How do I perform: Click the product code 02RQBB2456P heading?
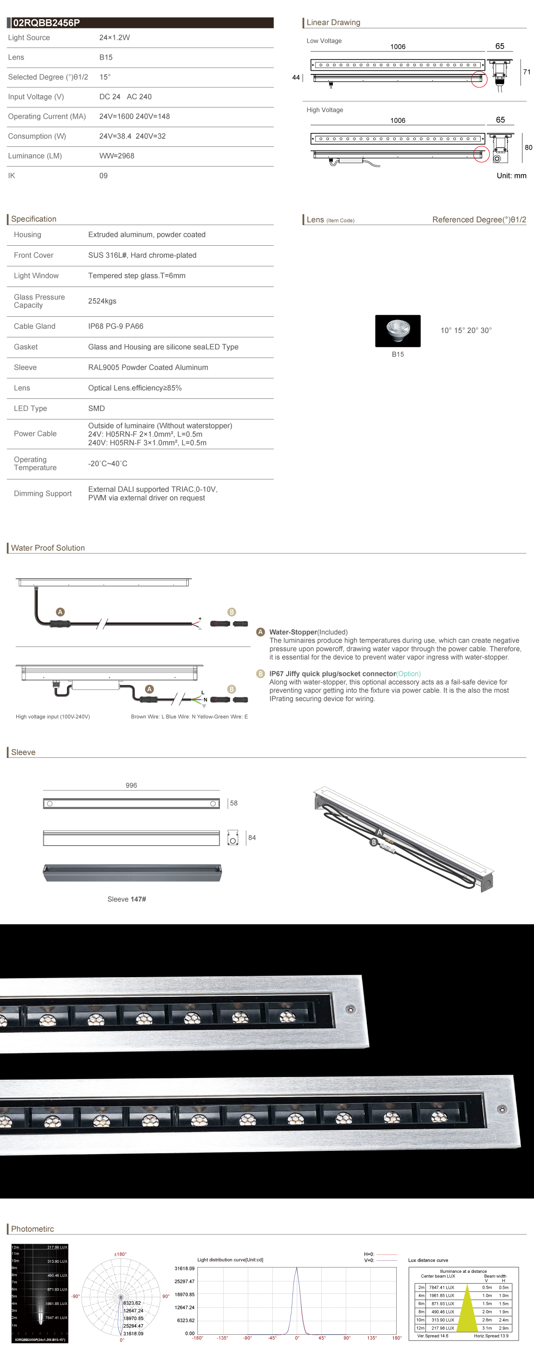coord(46,23)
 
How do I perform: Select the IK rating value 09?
coord(103,176)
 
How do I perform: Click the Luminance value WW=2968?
coord(117,156)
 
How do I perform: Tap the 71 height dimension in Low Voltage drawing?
coord(526,72)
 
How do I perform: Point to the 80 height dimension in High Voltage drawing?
coord(528,147)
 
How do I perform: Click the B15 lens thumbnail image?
coord(398,331)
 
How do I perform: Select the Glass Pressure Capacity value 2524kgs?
coord(102,301)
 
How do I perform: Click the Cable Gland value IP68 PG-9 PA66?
coord(116,326)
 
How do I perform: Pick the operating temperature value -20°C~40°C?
coord(108,464)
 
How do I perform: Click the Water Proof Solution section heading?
coord(48,548)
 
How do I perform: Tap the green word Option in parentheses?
coord(408,674)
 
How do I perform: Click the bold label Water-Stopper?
coord(293,633)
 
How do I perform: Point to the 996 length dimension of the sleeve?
coord(131,785)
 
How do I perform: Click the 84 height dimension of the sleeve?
coord(252,838)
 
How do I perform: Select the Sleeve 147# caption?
coord(127,899)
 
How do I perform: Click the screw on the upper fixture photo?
coord(350,1009)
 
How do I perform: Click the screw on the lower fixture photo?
coord(502,1109)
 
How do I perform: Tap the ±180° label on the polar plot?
coord(120,1255)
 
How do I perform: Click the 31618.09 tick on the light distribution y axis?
coord(184,1268)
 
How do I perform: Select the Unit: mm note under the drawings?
coord(511,176)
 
